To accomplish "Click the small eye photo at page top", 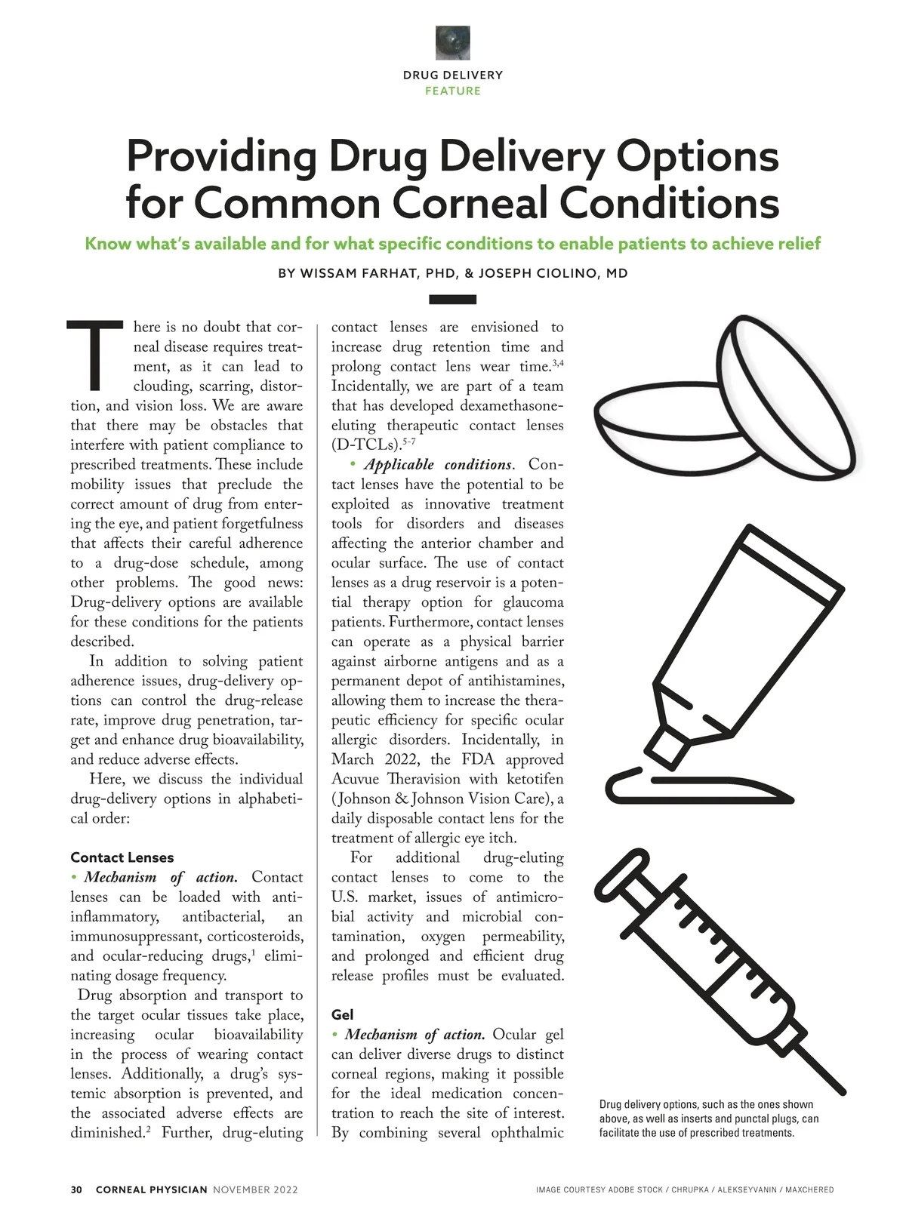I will click(x=453, y=42).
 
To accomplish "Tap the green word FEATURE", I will click(x=453, y=91).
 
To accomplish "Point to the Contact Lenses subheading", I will click(x=122, y=857).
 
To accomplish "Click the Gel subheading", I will click(x=342, y=1015).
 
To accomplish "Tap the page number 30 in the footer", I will click(x=76, y=1190).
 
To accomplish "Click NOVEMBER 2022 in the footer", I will click(x=255, y=1190).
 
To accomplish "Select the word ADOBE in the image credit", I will click(x=622, y=1190).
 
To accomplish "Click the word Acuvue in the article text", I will click(x=354, y=779).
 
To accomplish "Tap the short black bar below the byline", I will click(x=452, y=300).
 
